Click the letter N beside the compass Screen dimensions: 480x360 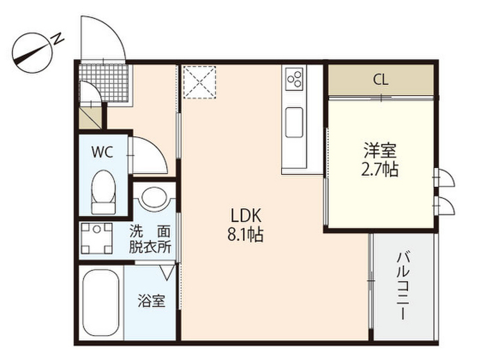coord(58,38)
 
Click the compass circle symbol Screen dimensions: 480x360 coord(32,53)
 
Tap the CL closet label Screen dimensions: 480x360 coord(381,80)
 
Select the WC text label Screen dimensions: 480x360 coord(102,152)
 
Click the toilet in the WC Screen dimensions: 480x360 coord(104,192)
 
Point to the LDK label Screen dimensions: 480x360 coord(246,216)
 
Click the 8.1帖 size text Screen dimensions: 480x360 coord(245,235)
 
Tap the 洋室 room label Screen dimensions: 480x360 coord(380,150)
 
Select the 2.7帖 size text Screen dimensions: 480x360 coord(380,169)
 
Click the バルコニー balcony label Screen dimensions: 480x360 coord(404,285)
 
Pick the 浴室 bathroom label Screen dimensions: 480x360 coord(151,300)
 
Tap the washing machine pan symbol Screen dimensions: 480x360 coord(97,239)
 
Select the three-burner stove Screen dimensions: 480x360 coord(294,79)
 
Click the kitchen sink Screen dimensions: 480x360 coord(294,122)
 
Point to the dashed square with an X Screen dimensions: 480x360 coord(200,82)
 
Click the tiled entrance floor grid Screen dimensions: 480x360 coord(104,82)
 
